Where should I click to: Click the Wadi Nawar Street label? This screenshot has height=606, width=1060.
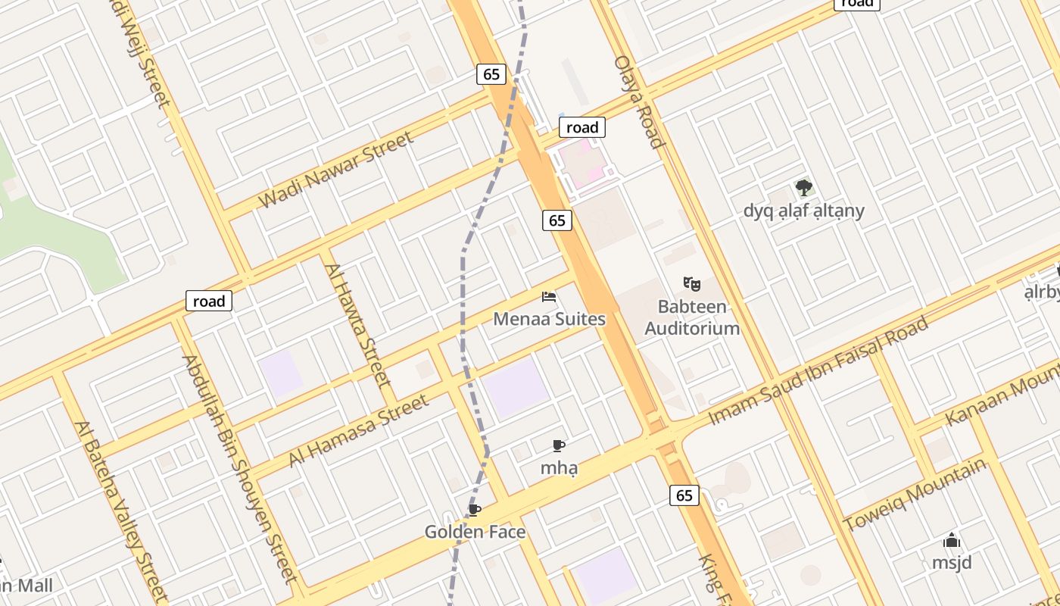pyautogui.click(x=336, y=170)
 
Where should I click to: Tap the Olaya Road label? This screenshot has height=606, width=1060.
pyautogui.click(x=639, y=102)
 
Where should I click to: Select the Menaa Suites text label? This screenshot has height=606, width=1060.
pyautogui.click(x=549, y=319)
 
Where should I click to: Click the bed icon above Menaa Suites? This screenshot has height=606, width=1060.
pyautogui.click(x=549, y=296)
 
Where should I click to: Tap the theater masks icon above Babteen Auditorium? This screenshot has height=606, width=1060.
pyautogui.click(x=691, y=284)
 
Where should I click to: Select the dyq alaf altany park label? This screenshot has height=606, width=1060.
pyautogui.click(x=803, y=211)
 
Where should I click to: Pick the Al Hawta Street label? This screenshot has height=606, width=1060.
pyautogui.click(x=357, y=323)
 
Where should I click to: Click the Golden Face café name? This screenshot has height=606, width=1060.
pyautogui.click(x=475, y=532)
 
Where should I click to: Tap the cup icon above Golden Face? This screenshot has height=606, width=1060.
pyautogui.click(x=475, y=510)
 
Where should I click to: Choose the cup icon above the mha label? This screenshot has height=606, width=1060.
pyautogui.click(x=559, y=445)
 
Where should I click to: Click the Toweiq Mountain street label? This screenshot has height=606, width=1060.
pyautogui.click(x=915, y=495)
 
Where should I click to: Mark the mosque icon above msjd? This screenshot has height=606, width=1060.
pyautogui.click(x=952, y=540)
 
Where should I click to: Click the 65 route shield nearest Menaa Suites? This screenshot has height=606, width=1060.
pyautogui.click(x=556, y=220)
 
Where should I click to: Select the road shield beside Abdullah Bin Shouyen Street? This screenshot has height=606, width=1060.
pyautogui.click(x=209, y=301)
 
